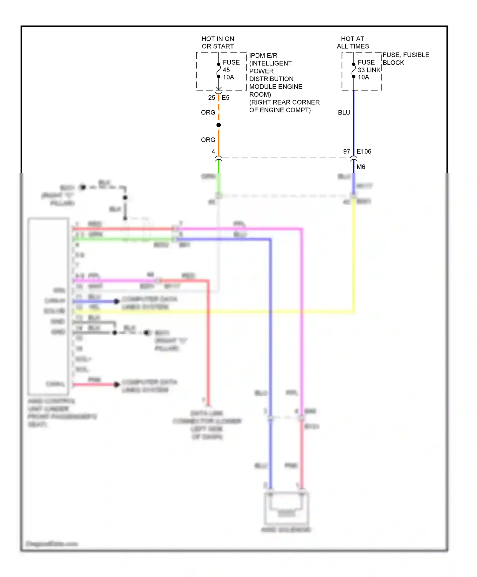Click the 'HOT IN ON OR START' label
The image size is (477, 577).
218,43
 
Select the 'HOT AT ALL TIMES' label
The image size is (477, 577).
353,43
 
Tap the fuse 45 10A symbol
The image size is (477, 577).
218,71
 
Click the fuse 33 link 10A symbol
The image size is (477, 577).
354,71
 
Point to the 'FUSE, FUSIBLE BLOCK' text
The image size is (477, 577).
405,59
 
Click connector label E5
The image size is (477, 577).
225,98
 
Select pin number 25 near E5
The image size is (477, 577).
211,98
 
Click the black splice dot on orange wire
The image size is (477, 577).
218,125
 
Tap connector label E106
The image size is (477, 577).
364,151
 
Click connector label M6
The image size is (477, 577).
361,167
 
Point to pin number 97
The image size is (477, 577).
346,151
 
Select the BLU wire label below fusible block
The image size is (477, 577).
344,113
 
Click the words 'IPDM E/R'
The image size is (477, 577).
263,55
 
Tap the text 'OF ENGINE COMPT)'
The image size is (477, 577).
280,110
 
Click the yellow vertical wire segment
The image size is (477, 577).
354,254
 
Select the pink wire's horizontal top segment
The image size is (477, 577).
238,228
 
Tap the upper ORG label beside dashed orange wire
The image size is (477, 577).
208,113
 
